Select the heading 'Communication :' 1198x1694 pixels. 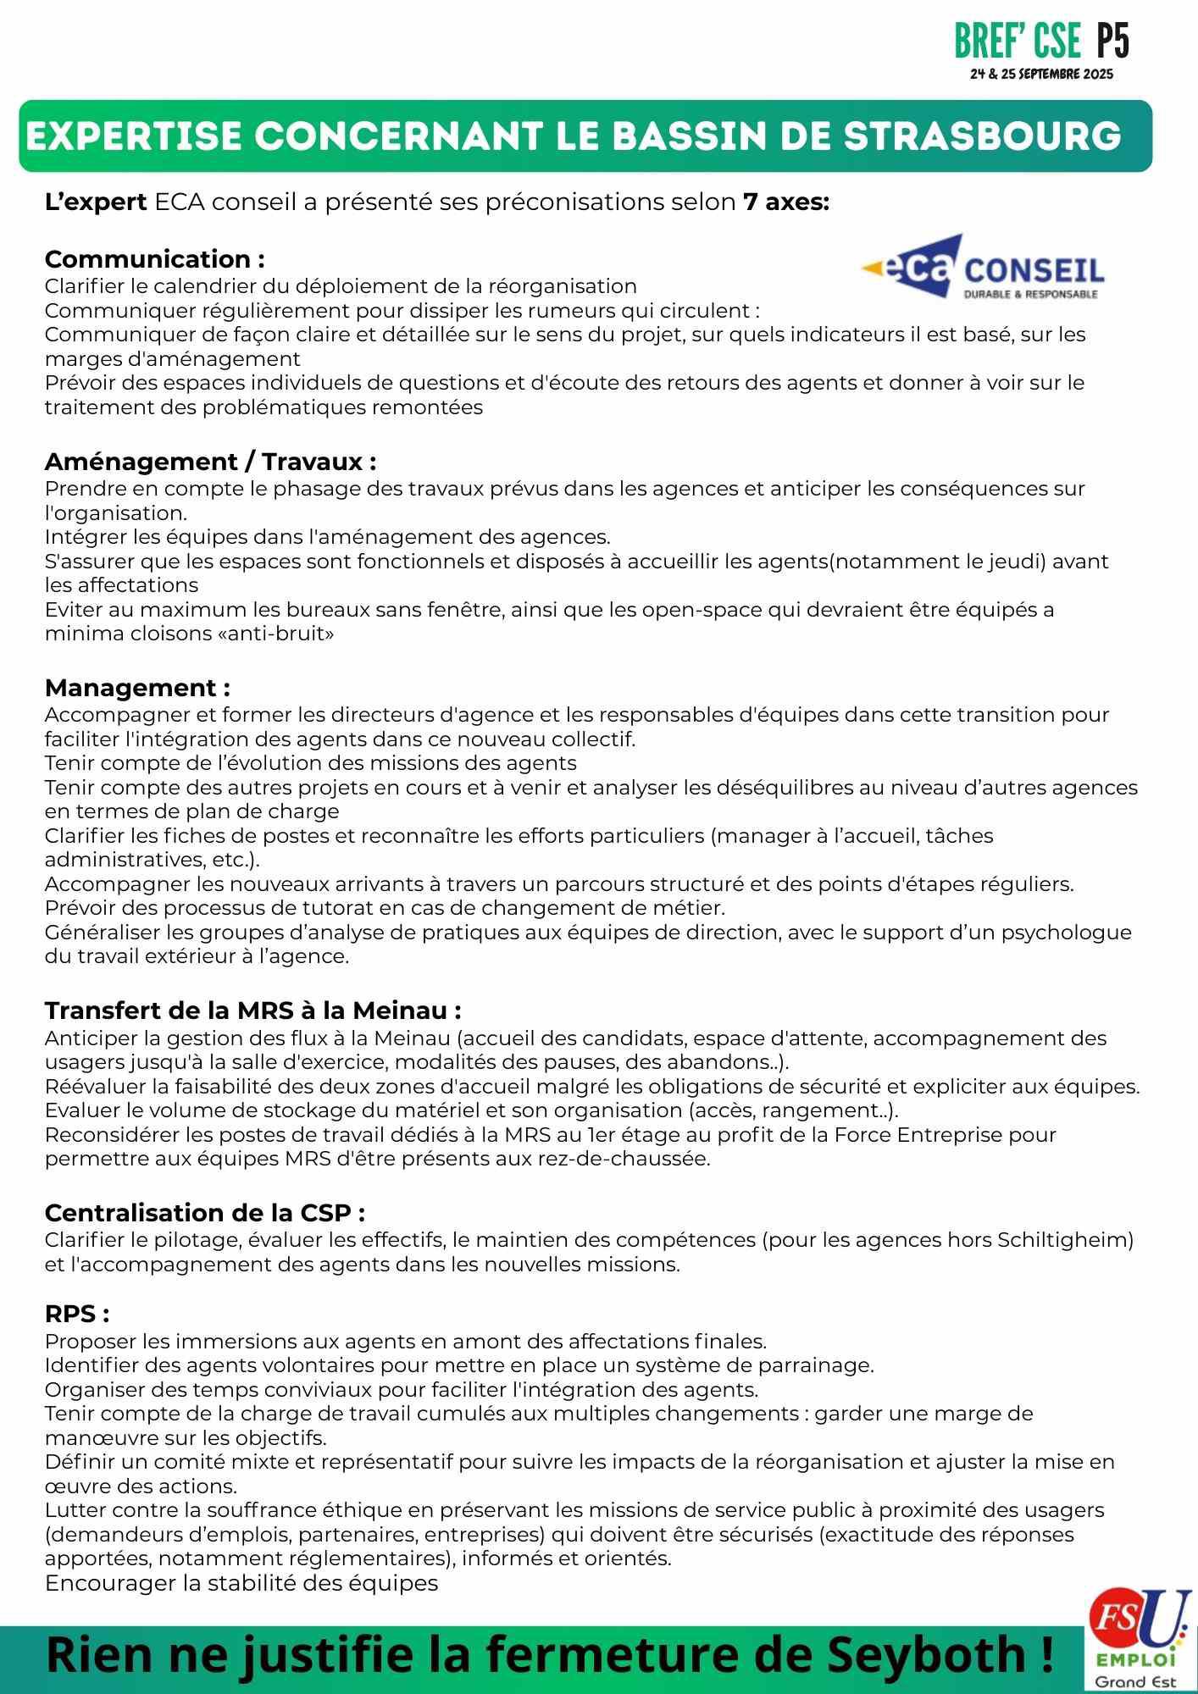[154, 259]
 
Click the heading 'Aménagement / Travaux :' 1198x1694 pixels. [210, 462]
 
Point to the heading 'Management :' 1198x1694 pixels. [137, 687]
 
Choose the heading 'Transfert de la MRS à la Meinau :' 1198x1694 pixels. [252, 1010]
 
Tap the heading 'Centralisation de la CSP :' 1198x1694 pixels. [204, 1212]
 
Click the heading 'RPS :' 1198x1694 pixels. [77, 1314]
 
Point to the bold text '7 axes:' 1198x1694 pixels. [785, 202]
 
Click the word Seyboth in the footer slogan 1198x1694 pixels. [927, 1654]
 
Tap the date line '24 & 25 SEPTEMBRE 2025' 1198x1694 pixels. [1041, 75]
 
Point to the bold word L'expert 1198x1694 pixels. [96, 202]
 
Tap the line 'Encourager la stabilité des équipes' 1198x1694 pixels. [241, 1582]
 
